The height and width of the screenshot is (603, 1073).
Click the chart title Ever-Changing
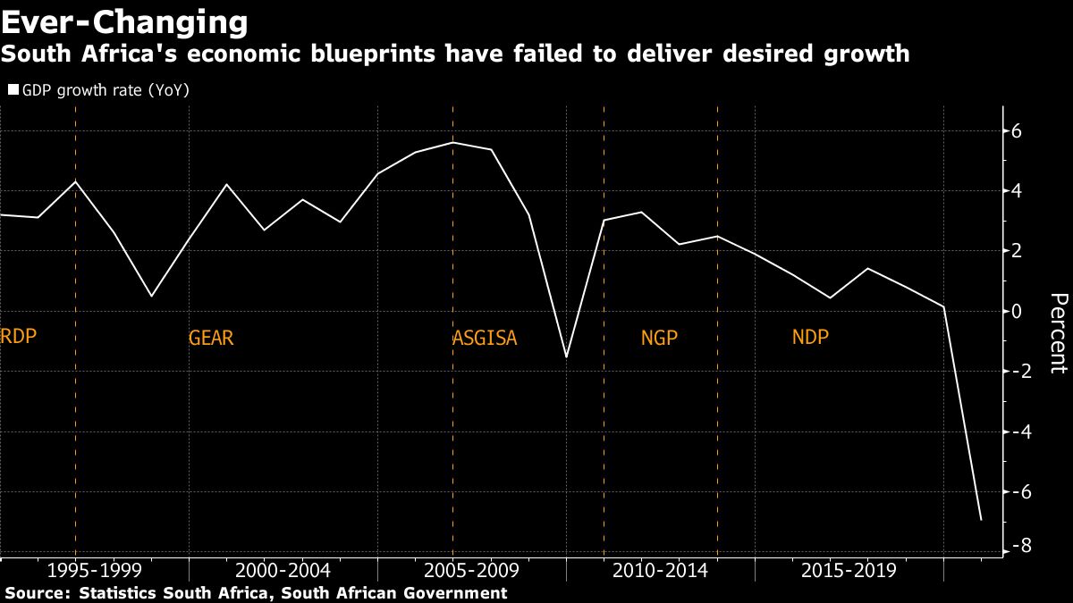click(x=124, y=21)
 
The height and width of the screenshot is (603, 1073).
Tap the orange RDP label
click(x=20, y=337)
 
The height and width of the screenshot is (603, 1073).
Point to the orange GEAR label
click(x=211, y=339)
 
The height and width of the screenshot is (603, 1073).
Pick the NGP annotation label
click(x=660, y=339)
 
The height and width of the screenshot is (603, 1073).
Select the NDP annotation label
click(x=810, y=338)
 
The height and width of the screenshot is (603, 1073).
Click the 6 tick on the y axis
click(x=1018, y=131)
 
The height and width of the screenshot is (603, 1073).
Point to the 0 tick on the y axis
click(x=1018, y=312)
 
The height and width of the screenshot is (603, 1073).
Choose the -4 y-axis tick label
click(x=1014, y=431)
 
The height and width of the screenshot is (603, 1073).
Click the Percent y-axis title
click(x=1058, y=332)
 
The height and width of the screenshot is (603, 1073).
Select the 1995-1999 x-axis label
click(x=94, y=571)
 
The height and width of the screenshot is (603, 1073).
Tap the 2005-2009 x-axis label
click(x=471, y=571)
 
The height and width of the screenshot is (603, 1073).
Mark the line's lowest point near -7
click(x=981, y=520)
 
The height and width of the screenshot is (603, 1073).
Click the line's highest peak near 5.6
click(x=452, y=143)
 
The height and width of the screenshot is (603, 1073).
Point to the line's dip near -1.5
click(x=566, y=356)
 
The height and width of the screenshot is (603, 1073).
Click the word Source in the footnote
click(x=36, y=593)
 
